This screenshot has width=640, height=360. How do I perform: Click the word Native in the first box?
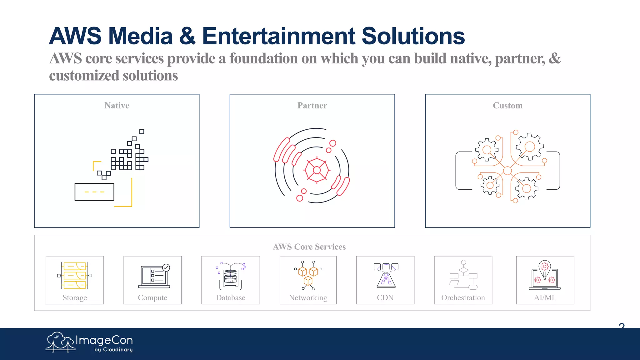[117, 106]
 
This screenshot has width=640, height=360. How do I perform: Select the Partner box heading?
[312, 106]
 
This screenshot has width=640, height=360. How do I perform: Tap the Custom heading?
[507, 106]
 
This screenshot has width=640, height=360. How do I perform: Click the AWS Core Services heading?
[309, 247]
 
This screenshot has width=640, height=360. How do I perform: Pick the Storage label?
[75, 298]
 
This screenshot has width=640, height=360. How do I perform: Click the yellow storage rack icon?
[75, 275]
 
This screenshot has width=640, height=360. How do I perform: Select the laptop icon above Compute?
[154, 276]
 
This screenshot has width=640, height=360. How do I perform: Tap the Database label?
[231, 298]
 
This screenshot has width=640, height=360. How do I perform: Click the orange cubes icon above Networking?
[308, 275]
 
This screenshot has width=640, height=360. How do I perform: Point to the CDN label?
[385, 298]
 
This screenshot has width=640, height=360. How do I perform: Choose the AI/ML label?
[545, 298]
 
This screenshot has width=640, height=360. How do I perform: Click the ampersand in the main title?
[187, 36]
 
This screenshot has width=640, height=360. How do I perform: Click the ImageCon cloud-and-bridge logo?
[60, 342]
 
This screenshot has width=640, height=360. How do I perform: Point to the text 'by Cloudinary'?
[113, 350]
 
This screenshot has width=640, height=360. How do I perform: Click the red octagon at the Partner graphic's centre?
[317, 170]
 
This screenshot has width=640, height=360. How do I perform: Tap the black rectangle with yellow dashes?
[94, 192]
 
